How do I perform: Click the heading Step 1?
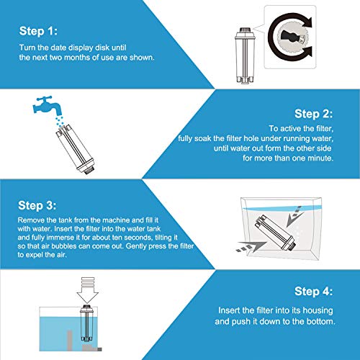tap(38, 31)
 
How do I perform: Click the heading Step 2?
tap(314, 114)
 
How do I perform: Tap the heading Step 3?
tap(37, 205)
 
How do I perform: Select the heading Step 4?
tap(314, 292)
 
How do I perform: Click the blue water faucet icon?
tap(48, 106)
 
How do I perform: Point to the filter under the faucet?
tap(76, 149)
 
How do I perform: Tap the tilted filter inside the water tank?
tap(275, 233)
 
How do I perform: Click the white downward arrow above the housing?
tap(87, 290)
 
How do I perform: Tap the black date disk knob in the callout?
tap(291, 37)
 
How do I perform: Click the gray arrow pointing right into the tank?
tap(251, 247)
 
